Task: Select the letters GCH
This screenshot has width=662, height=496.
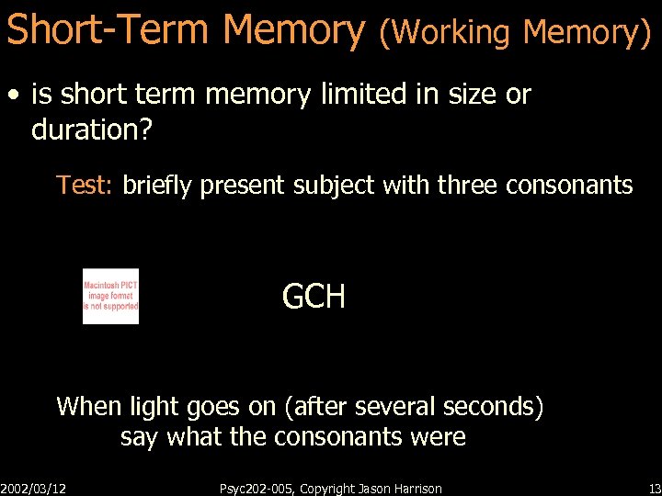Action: pos(314,297)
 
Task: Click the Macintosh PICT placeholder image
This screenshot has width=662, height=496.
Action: pos(110,296)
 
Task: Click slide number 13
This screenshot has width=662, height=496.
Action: pos(654,488)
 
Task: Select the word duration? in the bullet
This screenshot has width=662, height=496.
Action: pos(90,130)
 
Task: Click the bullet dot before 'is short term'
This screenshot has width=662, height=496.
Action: pos(14,95)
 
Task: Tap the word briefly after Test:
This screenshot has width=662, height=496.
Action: pos(157,186)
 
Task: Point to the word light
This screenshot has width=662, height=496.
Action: pos(153,406)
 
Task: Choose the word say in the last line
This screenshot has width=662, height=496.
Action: pos(138,437)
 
